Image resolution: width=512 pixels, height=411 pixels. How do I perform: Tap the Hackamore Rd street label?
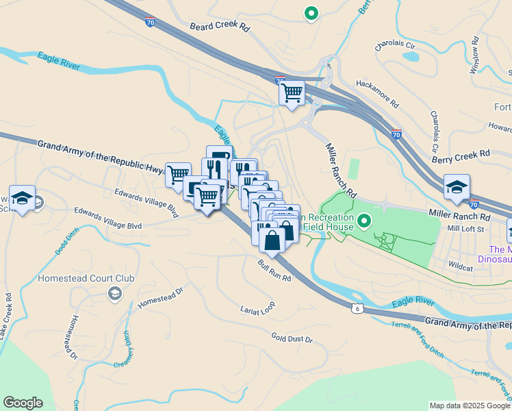(x=376, y=92)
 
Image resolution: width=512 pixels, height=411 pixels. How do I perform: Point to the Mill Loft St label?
(x=465, y=229)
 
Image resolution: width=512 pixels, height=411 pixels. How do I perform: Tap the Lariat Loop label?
(x=257, y=308)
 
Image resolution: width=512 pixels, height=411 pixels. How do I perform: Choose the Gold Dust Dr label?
(x=292, y=338)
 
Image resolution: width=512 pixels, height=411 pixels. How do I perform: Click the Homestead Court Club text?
(x=86, y=279)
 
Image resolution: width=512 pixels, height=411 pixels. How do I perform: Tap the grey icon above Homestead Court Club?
(x=114, y=294)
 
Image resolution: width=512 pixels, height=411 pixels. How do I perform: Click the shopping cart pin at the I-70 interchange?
(x=292, y=92)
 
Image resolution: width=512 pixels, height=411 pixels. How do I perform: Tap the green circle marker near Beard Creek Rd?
(x=311, y=12)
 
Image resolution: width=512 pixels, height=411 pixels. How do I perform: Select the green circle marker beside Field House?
(x=364, y=221)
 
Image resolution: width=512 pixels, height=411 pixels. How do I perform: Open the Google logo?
(x=23, y=403)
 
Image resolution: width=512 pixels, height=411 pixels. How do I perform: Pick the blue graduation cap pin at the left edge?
(x=23, y=198)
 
